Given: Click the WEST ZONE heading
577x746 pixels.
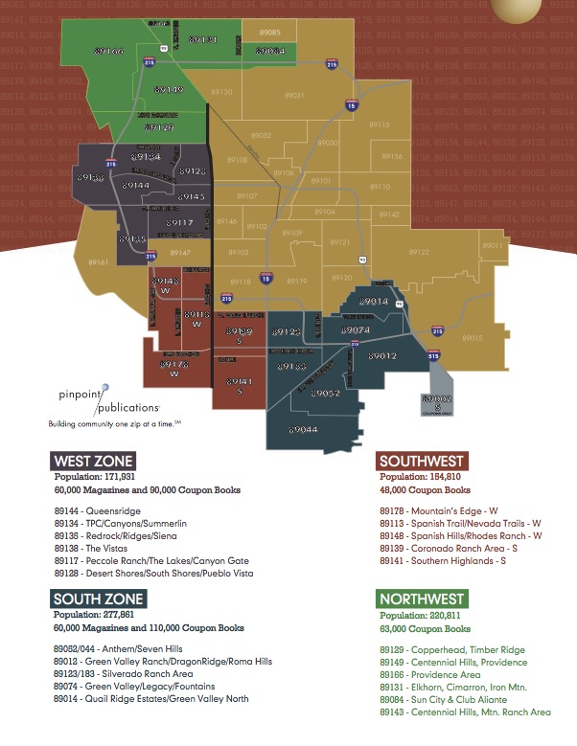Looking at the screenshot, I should click(x=93, y=462).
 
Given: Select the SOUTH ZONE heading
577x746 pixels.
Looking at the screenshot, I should click(x=98, y=599).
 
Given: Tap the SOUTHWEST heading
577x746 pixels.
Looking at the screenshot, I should click(x=423, y=461).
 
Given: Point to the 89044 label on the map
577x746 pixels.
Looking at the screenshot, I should click(x=302, y=429).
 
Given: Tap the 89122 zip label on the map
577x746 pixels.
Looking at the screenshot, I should click(x=419, y=252).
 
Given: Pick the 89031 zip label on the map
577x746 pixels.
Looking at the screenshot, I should click(x=294, y=96).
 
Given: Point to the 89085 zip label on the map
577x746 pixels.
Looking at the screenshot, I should click(x=270, y=33).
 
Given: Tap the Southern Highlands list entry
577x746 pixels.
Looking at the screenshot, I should click(x=443, y=561).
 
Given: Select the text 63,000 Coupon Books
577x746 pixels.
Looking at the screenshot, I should click(x=425, y=629).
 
